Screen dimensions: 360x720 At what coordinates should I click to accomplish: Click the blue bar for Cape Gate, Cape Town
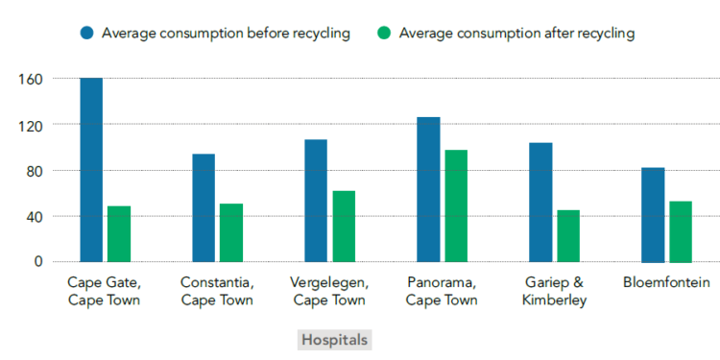click(91, 170)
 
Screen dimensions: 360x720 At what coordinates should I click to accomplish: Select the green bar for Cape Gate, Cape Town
click(119, 233)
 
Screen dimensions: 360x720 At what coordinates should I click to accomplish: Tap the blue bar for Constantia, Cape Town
click(204, 207)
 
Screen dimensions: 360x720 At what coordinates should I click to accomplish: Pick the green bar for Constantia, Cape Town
click(231, 232)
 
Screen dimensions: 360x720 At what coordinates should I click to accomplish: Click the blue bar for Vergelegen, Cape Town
click(316, 201)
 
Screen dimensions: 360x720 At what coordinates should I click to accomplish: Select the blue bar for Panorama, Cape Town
click(428, 189)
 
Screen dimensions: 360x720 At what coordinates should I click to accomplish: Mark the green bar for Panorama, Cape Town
click(456, 205)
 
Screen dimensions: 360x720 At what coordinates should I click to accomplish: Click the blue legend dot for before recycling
click(87, 34)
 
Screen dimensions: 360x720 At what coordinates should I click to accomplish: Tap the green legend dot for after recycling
click(385, 34)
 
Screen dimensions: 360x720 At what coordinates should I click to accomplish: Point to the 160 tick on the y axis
click(31, 79)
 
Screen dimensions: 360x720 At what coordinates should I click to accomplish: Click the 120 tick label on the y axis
click(31, 125)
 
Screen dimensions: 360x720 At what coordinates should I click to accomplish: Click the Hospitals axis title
click(334, 340)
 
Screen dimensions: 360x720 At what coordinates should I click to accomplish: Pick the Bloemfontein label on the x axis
click(666, 283)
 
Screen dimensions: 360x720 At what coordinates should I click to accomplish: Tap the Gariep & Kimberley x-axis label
click(554, 291)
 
